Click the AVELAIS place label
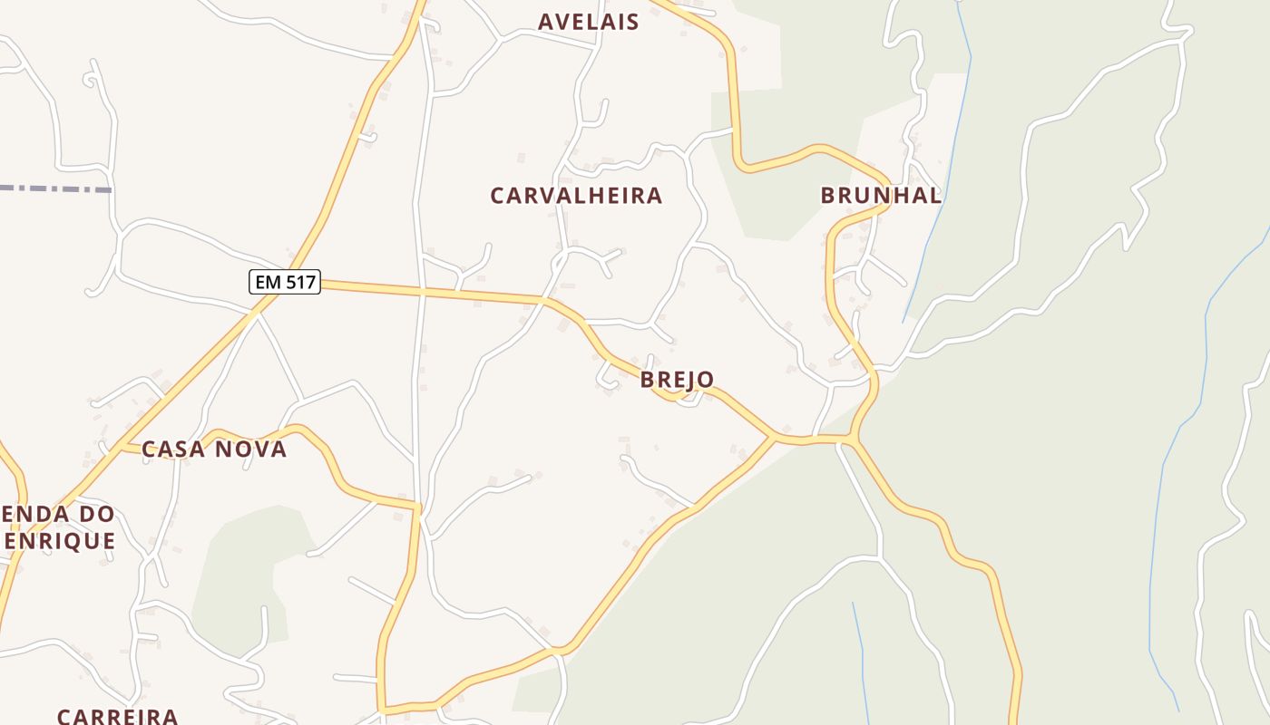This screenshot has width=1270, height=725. click(588, 22)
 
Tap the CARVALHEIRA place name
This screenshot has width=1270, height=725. click(576, 196)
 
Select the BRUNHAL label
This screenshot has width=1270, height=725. click(880, 195)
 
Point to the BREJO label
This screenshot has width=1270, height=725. click(677, 379)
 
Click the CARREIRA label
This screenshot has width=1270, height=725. click(117, 716)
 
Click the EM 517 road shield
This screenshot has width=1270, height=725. click(285, 282)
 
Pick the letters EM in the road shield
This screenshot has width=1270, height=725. click(268, 282)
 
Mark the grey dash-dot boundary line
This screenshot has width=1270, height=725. click(54, 188)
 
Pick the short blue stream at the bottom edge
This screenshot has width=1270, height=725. click(860, 662)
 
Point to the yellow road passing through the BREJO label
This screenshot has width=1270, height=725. click(635, 367)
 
